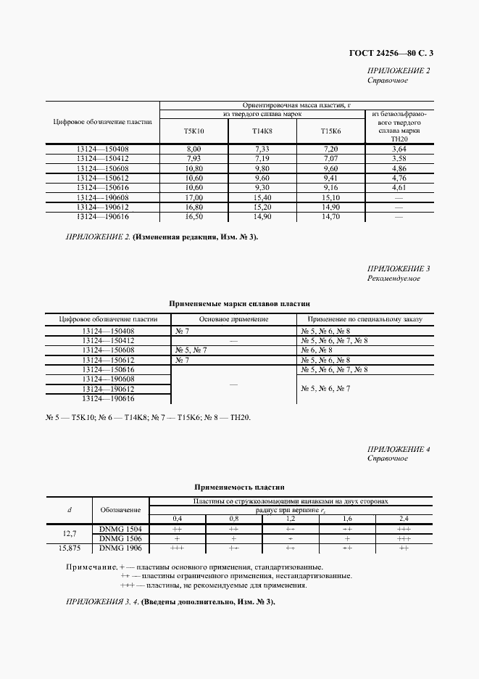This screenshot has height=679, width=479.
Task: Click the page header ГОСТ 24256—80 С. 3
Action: (x=396, y=52)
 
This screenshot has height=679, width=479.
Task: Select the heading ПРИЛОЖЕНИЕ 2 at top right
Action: (x=399, y=70)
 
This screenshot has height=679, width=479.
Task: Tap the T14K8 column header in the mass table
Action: (x=262, y=131)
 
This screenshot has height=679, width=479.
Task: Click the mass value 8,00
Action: (x=193, y=149)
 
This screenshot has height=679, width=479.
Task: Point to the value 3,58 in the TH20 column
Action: (x=398, y=158)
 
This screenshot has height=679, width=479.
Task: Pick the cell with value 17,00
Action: (x=193, y=197)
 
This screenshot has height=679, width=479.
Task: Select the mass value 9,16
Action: (x=330, y=187)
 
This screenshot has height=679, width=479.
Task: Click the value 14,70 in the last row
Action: (x=330, y=216)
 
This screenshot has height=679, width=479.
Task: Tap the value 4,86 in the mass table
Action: (x=398, y=168)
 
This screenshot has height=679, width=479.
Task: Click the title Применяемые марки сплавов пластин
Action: (x=239, y=305)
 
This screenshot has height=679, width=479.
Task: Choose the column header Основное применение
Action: (x=232, y=318)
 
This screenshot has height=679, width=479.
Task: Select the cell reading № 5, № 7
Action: (x=191, y=350)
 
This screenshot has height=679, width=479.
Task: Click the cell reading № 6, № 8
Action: (x=315, y=350)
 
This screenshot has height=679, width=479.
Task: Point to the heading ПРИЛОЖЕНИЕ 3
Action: (x=399, y=268)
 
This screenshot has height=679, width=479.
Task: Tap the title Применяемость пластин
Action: (x=239, y=487)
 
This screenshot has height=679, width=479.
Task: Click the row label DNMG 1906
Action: (x=120, y=549)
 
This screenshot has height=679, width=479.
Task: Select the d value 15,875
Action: (x=70, y=549)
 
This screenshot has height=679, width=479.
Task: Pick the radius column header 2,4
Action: (x=404, y=519)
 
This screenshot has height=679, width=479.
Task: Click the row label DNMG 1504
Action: (x=120, y=530)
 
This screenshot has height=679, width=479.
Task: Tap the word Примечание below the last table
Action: (x=90, y=567)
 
